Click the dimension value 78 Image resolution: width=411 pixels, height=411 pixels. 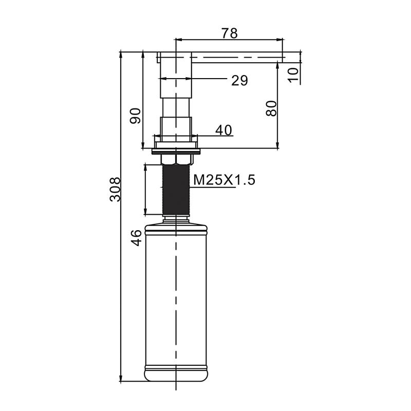point(230,33)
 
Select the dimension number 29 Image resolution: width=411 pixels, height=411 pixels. point(239,81)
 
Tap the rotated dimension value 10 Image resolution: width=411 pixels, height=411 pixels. point(293,75)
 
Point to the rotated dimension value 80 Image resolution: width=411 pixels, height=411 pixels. point(271,108)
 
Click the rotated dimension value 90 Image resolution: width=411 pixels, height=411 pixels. point(135,116)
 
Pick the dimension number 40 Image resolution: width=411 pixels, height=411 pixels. point(224,130)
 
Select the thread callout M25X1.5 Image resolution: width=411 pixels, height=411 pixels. point(224,180)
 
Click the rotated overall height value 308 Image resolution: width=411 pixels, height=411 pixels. point(115,190)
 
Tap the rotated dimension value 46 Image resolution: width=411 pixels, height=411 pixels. point(136,238)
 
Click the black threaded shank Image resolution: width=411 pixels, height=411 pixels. point(176,190)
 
